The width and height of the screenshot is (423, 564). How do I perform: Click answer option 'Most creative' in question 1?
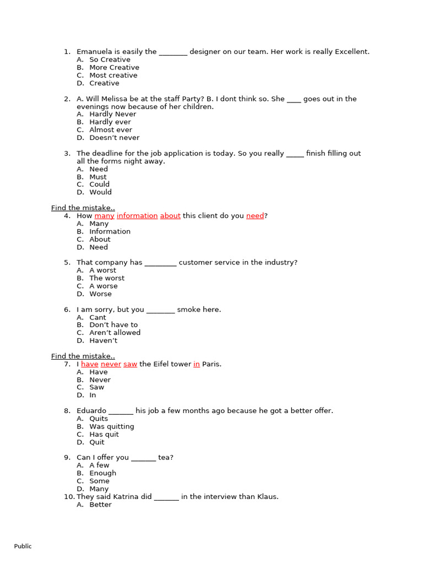tap(113, 75)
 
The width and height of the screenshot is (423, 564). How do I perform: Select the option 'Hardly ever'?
tap(110, 122)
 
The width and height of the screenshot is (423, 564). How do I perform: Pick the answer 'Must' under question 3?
tap(98, 177)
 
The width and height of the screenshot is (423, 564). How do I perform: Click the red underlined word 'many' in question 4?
tap(105, 216)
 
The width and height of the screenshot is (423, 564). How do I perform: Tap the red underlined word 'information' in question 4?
tap(137, 216)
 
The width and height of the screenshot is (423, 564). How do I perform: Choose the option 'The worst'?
tap(107, 278)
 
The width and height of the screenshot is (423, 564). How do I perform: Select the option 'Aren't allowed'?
tap(115, 333)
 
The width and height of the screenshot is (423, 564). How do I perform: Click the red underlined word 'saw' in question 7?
tap(130, 364)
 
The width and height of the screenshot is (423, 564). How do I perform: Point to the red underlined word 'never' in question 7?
tap(111, 364)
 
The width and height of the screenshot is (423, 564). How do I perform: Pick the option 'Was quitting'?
tap(112, 426)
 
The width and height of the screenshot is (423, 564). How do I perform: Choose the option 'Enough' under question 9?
tap(103, 473)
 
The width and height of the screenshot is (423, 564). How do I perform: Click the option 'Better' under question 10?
tap(100, 505)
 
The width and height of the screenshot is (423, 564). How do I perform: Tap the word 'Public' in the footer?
tap(23, 546)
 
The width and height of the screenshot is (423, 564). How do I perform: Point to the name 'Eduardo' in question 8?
tap(91, 411)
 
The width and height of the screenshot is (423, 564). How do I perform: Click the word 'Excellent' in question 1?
tap(351, 52)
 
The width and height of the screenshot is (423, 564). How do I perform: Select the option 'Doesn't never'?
tap(115, 138)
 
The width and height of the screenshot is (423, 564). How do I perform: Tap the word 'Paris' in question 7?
tap(211, 364)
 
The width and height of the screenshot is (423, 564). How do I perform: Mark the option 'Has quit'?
tap(104, 435)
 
